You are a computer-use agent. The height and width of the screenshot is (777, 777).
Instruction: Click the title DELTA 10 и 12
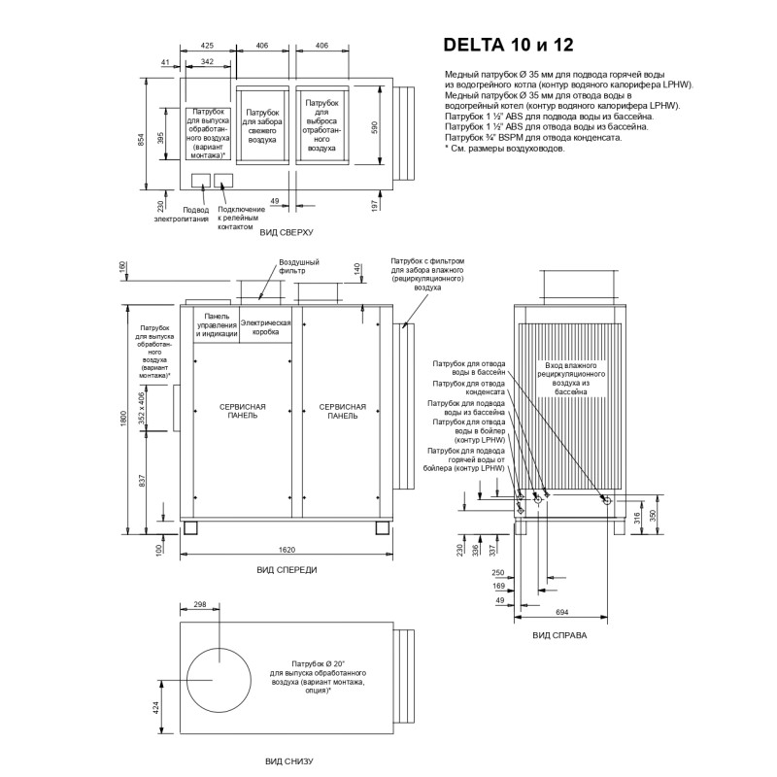click(515, 45)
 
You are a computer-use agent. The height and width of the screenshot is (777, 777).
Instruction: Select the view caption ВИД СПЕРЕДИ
click(287, 570)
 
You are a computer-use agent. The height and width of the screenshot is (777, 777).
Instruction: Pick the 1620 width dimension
click(287, 550)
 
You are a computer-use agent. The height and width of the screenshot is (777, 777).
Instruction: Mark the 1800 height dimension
click(123, 417)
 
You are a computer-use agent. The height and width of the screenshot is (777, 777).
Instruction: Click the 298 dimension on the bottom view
click(200, 605)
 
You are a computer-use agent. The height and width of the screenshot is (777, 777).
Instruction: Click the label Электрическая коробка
click(265, 326)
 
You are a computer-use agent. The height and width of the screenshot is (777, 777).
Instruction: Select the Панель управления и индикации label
click(216, 326)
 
